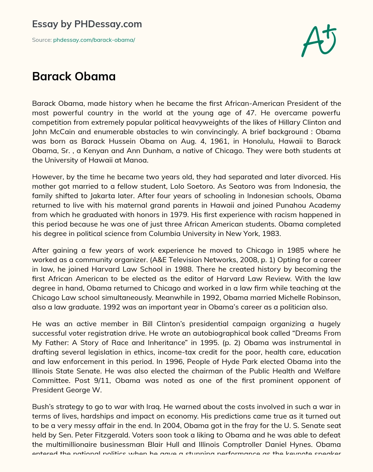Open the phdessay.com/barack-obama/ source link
point(94,40)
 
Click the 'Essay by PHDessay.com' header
point(87,24)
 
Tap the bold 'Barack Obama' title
point(74,76)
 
